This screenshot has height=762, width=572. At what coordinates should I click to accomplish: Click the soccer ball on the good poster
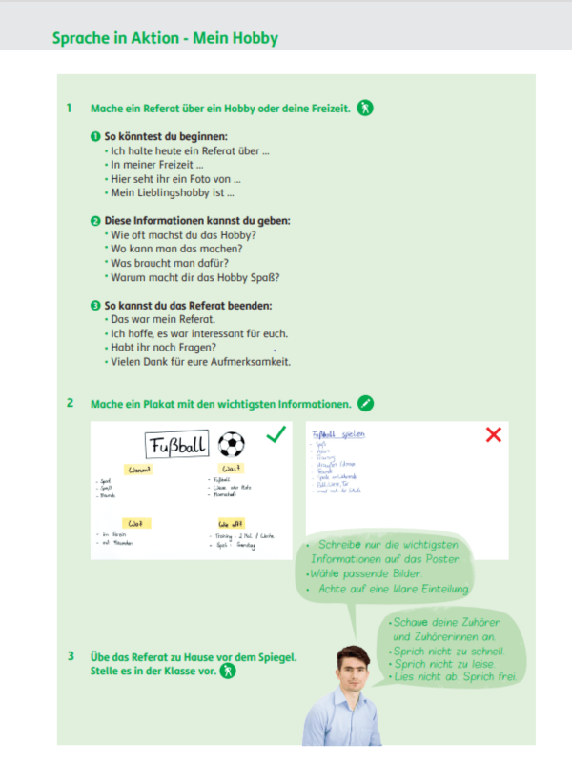coord(231,444)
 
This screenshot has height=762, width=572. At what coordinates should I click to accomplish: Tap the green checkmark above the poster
coord(276,435)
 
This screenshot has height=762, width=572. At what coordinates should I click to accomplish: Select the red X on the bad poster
coord(493,435)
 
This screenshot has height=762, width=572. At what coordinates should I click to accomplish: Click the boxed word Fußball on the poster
coord(176,445)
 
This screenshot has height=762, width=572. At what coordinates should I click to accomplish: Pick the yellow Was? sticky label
coord(230,469)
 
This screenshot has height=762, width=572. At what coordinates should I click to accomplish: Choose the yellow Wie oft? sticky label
coord(231,522)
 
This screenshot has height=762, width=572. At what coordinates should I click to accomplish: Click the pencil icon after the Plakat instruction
coord(366,403)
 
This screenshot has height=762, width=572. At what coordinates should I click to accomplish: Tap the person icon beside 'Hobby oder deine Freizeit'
coord(365,108)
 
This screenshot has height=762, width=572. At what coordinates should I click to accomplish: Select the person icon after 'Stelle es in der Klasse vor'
coord(229,671)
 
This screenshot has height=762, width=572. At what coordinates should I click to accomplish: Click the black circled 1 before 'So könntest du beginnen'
coord(95,136)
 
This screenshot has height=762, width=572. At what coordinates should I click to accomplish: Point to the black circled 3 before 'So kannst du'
coord(95,305)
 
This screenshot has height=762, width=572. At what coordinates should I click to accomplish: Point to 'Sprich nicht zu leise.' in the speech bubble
coord(441,664)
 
